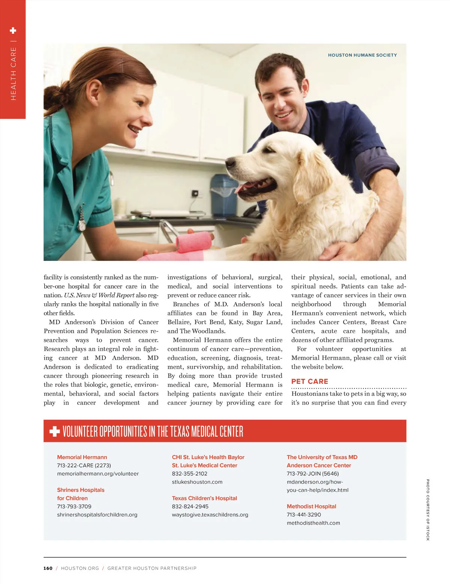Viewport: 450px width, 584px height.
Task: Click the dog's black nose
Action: tap(229, 163)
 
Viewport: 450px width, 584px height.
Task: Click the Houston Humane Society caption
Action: tap(362, 55)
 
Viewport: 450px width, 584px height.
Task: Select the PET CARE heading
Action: tap(310, 381)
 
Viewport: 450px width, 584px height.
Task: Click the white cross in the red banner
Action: tap(55, 431)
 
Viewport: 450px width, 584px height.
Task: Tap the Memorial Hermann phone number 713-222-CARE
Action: tap(84, 466)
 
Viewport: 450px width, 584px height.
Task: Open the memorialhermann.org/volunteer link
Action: tap(98, 474)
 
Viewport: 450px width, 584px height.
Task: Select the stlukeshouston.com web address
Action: tap(197, 482)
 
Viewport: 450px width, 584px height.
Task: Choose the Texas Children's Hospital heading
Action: tap(204, 498)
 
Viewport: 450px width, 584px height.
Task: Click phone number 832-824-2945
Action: tap(190, 506)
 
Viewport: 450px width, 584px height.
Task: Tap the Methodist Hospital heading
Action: tap(311, 506)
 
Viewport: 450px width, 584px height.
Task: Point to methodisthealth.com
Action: tap(313, 523)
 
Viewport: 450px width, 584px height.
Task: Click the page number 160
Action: tap(48, 568)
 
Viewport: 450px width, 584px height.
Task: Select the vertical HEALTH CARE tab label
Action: tap(13, 73)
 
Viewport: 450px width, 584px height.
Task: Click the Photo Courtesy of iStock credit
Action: tap(427, 510)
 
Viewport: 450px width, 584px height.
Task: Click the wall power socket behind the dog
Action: tap(195, 193)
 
